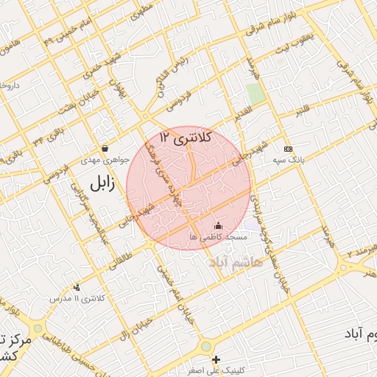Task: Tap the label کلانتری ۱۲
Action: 186,137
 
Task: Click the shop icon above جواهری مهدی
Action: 107,149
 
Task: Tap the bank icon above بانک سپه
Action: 287,148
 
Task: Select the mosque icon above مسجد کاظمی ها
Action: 217,226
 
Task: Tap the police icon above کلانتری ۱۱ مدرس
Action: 77,287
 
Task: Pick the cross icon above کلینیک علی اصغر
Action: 216,359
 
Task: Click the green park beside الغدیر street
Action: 256,94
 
